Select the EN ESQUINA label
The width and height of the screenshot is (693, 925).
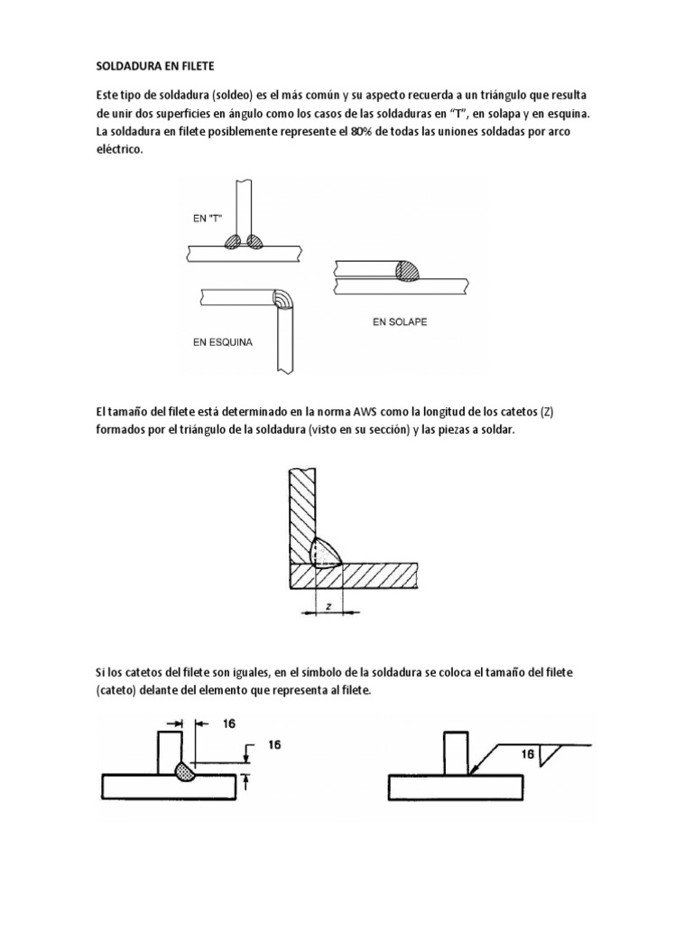(222, 343)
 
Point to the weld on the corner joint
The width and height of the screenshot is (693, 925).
(282, 301)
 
